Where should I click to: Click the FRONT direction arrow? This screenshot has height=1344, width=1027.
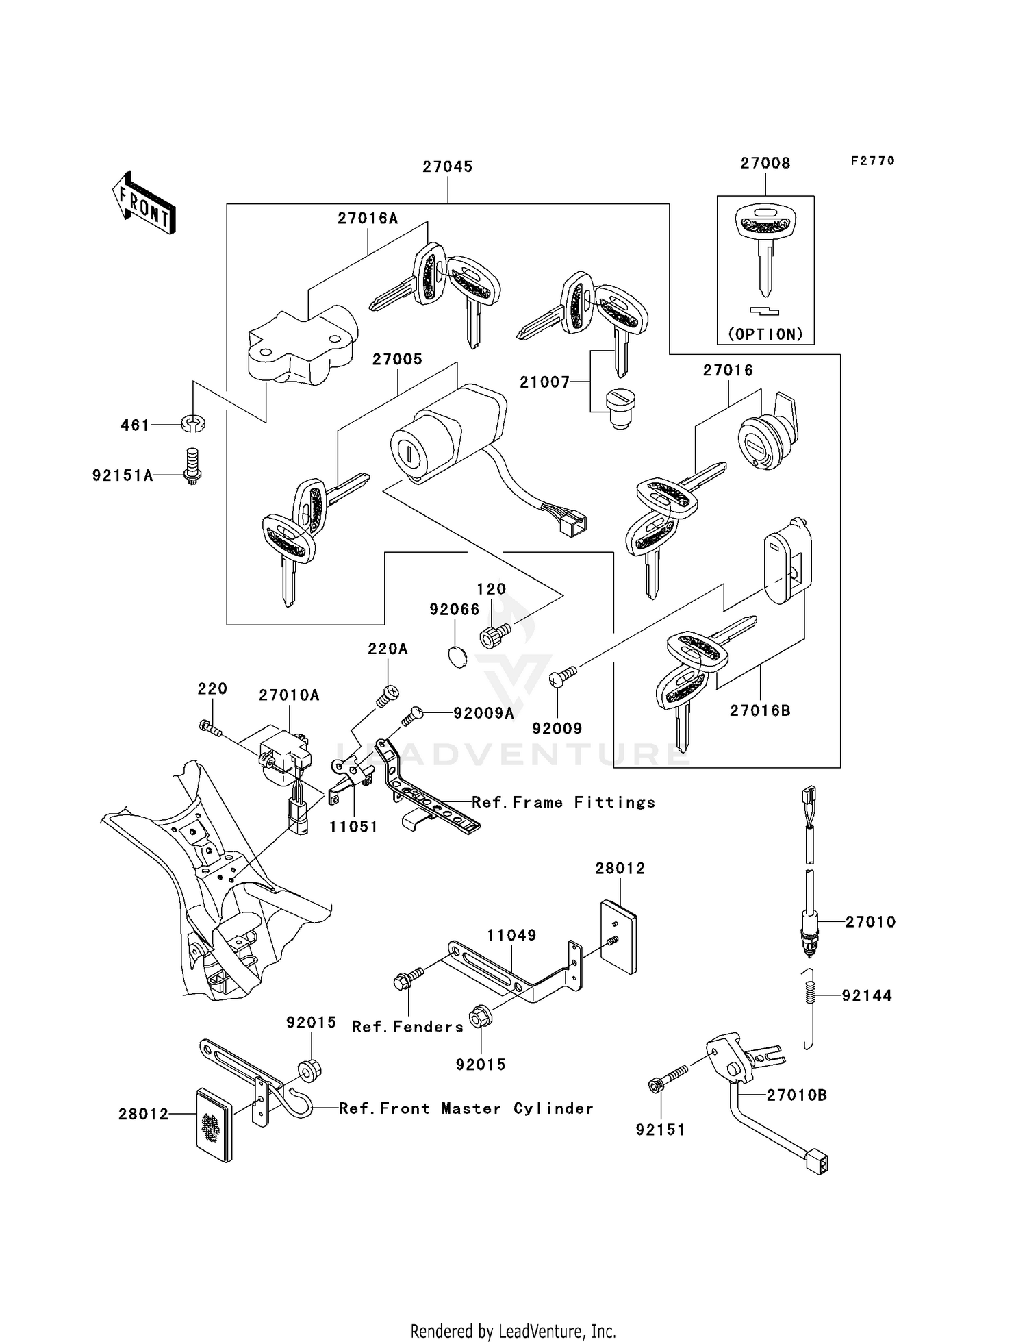144,203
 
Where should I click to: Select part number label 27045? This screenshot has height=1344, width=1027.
447,166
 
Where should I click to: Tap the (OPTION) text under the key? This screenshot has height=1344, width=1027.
765,334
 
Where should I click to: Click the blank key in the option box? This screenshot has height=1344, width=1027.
765,250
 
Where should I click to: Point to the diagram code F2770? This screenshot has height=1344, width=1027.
872,161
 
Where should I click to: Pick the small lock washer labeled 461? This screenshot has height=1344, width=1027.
194,424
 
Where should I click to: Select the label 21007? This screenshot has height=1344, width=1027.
544,382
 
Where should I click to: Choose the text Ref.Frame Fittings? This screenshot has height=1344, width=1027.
563,802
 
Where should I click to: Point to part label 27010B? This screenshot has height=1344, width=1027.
796,1095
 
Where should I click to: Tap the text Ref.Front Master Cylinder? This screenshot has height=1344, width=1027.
466,1108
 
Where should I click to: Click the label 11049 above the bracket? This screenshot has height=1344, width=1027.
511,935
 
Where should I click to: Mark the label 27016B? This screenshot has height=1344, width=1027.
760,710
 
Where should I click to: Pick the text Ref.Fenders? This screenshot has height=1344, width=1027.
407,1027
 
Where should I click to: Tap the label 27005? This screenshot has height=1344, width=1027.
397,359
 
